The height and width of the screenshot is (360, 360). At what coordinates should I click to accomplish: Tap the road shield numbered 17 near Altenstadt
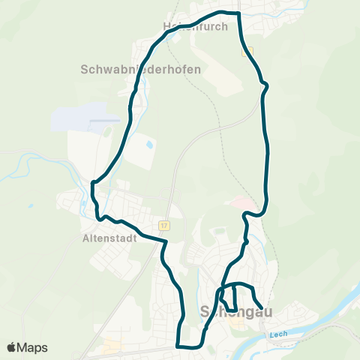(163, 224)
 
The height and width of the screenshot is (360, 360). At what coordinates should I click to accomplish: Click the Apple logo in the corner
(12, 347)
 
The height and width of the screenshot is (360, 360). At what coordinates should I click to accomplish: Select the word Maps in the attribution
(33, 347)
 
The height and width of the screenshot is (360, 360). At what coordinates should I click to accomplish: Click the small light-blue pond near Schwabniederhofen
(150, 143)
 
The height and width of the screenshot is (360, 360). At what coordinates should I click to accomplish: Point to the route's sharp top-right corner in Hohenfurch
(238, 13)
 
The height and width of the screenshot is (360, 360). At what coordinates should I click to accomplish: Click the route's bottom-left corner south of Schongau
(178, 346)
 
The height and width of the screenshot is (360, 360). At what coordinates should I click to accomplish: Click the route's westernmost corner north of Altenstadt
(92, 182)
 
